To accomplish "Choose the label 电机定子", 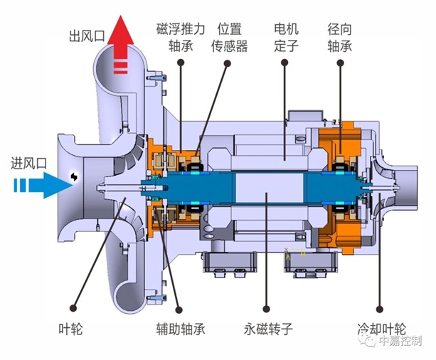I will [x=285, y=38].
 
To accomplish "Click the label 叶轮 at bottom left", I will [x=72, y=330].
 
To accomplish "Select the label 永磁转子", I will [x=267, y=330].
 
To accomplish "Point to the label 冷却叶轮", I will [x=381, y=330].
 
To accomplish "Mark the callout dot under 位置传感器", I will [x=229, y=63].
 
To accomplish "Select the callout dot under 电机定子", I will [x=285, y=63].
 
